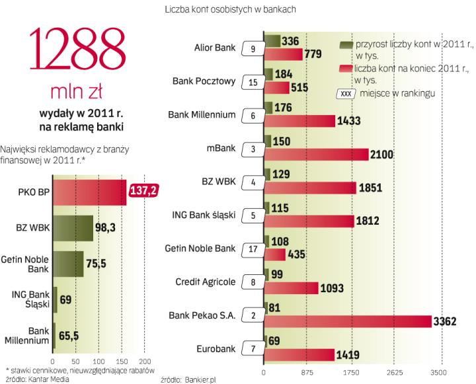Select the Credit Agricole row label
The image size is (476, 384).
207,282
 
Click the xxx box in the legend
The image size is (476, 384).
346,93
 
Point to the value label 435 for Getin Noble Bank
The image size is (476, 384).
298,254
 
